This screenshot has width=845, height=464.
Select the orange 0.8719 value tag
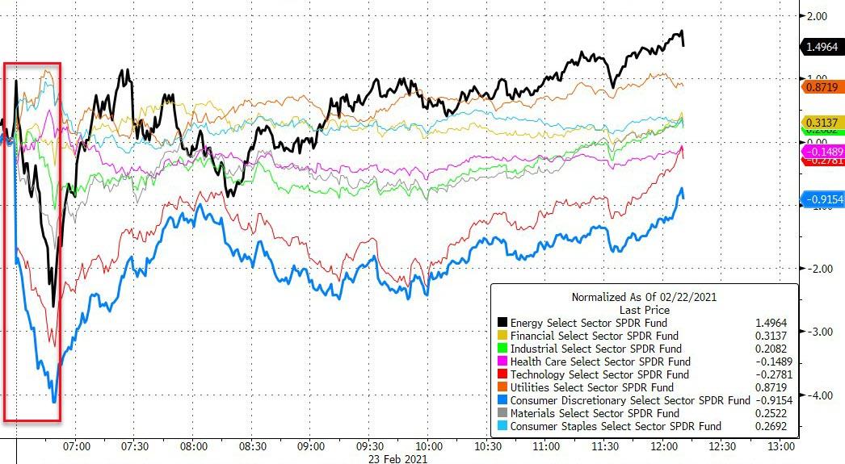pos(822,86)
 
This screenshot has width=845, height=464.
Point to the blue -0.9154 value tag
pos(822,199)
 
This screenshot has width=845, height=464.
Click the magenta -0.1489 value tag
pos(822,151)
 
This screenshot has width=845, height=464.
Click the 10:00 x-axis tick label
pos(428,446)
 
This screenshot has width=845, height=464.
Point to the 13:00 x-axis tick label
pos(780,446)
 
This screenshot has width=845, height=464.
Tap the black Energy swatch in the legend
pos(502,323)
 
